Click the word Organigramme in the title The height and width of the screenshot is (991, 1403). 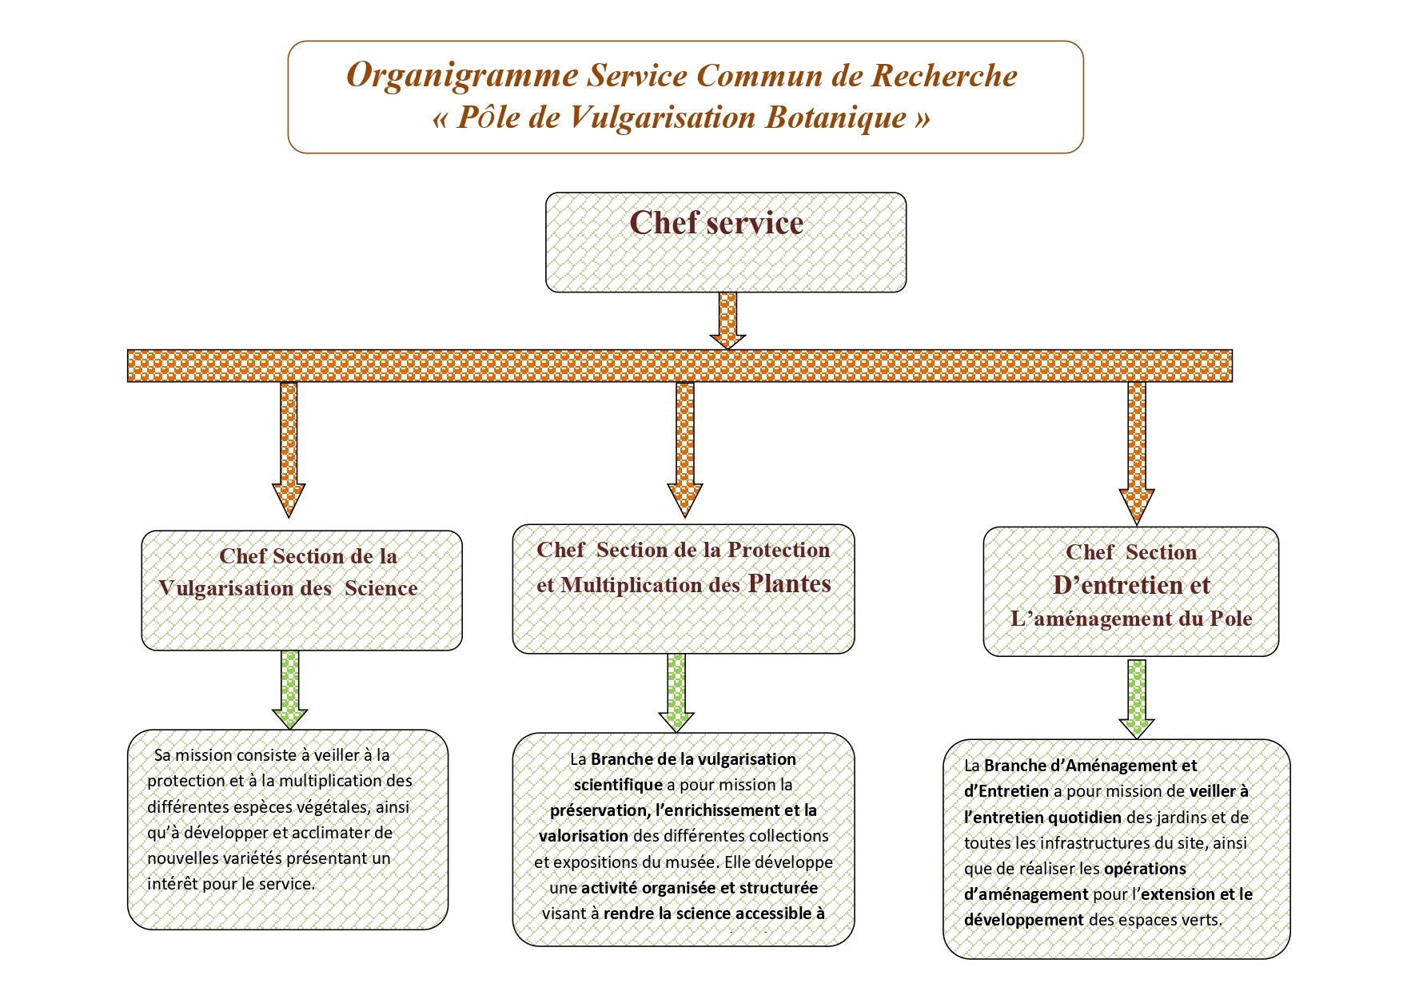(x=462, y=76)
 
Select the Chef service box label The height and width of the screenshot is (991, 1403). (x=716, y=223)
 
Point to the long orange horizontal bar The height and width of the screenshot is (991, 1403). (x=680, y=365)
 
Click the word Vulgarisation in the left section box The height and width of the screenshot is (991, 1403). (x=226, y=589)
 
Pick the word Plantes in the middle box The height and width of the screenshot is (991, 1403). (x=789, y=584)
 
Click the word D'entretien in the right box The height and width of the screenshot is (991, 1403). (x=1131, y=585)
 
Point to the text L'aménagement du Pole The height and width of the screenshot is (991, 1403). (x=1131, y=619)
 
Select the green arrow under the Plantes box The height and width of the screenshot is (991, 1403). (x=676, y=692)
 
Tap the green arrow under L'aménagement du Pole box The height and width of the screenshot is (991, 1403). (x=1136, y=698)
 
